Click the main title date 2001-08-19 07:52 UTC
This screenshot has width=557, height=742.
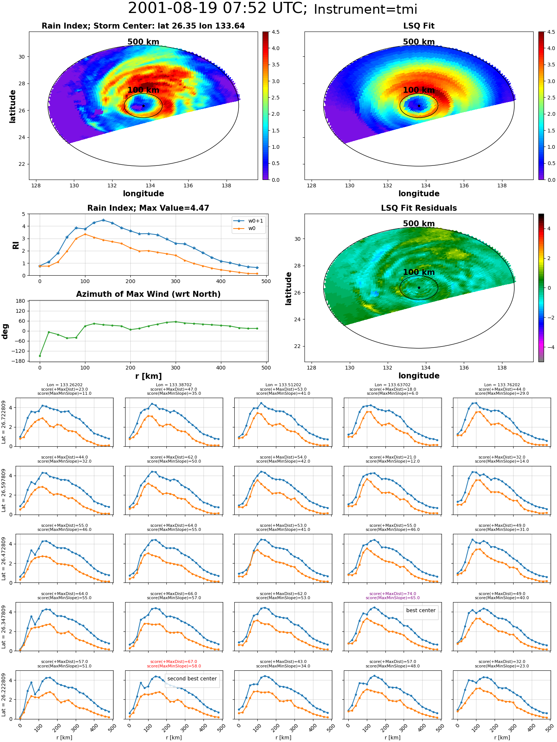218,8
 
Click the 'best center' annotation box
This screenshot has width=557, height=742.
421,610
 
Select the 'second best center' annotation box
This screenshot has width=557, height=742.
192,679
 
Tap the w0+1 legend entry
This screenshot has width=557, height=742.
248,221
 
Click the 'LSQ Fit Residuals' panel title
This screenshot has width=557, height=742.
419,208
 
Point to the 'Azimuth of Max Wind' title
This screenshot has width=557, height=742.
148,294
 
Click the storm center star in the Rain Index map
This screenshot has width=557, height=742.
143,106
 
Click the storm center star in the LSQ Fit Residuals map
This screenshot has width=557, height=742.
419,288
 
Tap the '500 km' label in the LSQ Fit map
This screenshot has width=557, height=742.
419,42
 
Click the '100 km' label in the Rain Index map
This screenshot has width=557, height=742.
143,90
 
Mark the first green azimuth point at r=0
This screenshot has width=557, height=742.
40,356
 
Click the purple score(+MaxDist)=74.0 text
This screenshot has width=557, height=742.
392,594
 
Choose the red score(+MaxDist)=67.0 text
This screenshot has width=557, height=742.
174,661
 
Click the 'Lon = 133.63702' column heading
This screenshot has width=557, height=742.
392,385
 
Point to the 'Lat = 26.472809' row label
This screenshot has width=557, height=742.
4,558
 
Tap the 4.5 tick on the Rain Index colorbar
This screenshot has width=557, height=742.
275,32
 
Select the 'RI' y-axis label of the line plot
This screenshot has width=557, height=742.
16,245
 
